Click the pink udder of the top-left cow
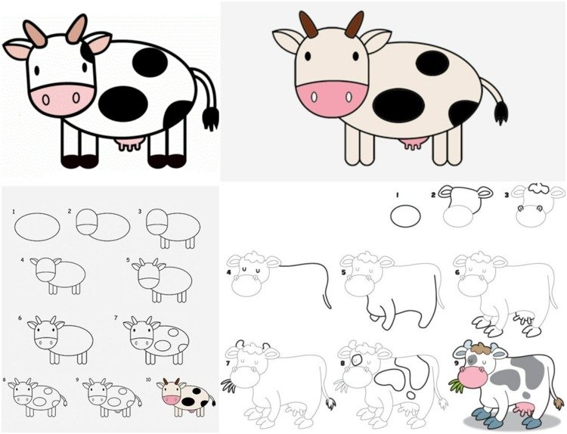pos(129,144)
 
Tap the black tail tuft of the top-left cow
pos(210,117)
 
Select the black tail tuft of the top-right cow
pos(500,112)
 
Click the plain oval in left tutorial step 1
pos(37,227)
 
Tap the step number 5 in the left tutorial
pos(128,259)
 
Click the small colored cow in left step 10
pos(185,396)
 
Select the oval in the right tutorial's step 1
pos(405,216)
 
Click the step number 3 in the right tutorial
pos(507,195)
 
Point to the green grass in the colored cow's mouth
pos(457,384)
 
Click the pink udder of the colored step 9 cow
pos(524,409)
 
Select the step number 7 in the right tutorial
pos(228,364)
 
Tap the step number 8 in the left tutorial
pos(5,380)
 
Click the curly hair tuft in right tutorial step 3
pos(538,188)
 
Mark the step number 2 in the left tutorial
pos(70,211)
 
